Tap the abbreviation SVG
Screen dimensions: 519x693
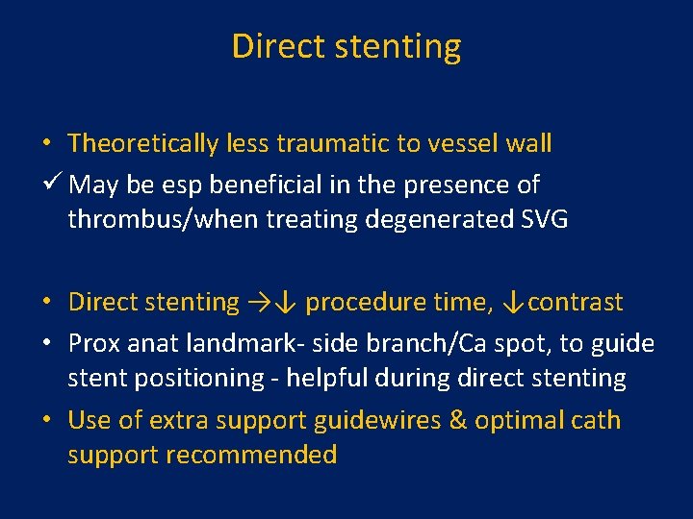click(x=544, y=219)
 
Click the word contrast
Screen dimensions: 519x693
click(x=575, y=303)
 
